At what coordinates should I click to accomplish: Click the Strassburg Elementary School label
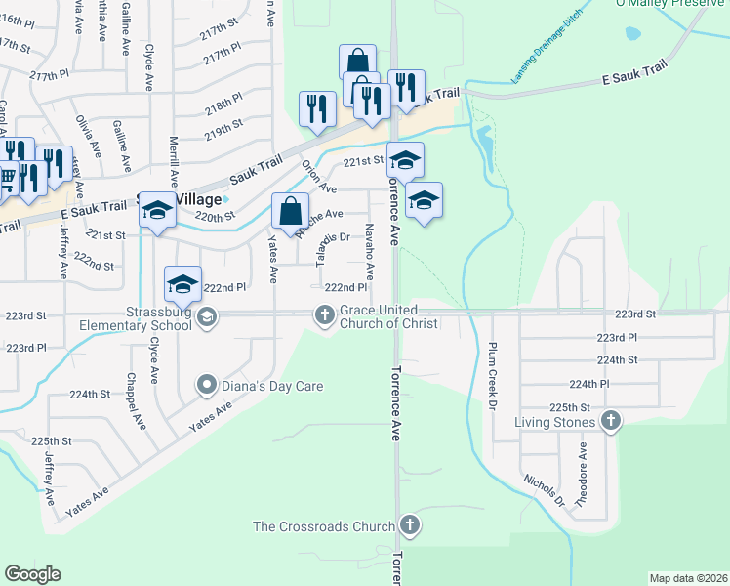[x=158, y=319]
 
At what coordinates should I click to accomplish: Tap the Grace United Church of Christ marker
[x=324, y=314]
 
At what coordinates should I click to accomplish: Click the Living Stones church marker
[x=611, y=421]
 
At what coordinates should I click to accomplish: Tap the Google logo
[x=32, y=574]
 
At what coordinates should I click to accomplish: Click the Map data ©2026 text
[x=688, y=578]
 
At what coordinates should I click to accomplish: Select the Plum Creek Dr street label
[x=494, y=375]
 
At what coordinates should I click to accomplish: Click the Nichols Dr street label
[x=544, y=490]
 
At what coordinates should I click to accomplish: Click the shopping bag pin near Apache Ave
[x=291, y=210]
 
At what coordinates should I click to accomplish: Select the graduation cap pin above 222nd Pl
[x=182, y=284]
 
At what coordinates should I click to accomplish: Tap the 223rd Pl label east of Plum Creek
[x=617, y=337]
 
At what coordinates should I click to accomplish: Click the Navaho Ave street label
[x=370, y=244]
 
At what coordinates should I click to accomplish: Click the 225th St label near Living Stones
[x=570, y=406]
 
